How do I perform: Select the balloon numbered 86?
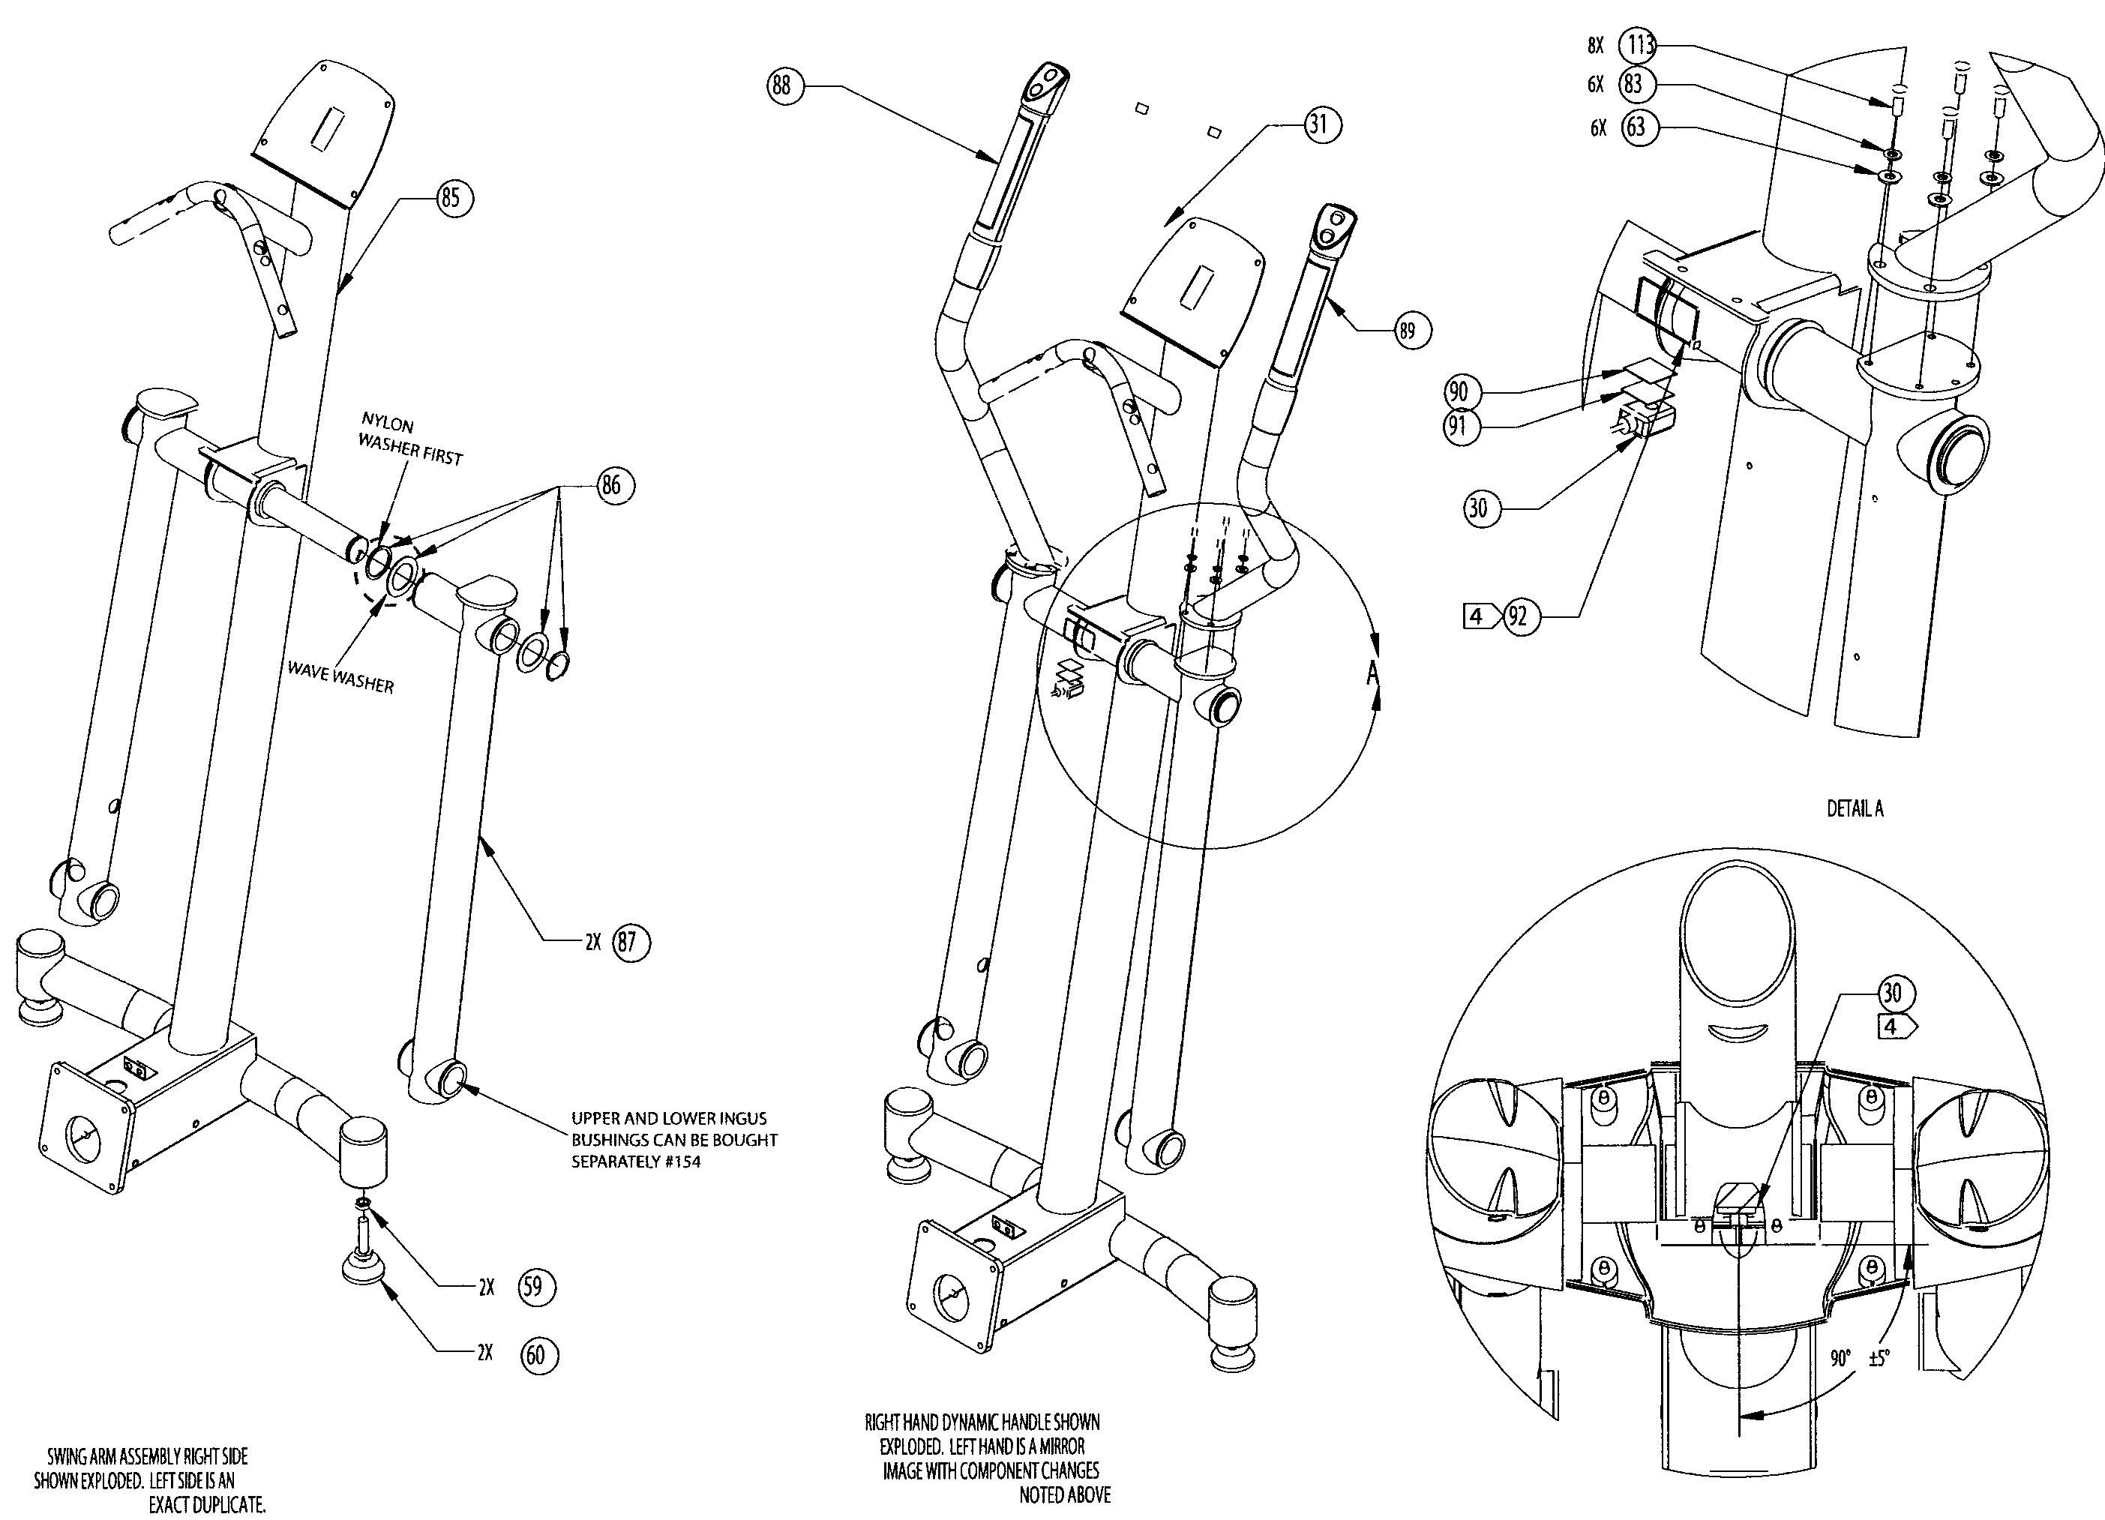click(610, 485)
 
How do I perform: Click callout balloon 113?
click(1640, 44)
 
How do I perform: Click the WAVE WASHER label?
click(340, 677)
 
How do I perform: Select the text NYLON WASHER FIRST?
click(409, 441)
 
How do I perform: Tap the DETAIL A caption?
click(1855, 808)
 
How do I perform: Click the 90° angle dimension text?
click(1840, 1359)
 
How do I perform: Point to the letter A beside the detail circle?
click(1372, 673)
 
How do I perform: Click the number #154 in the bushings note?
click(681, 1162)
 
